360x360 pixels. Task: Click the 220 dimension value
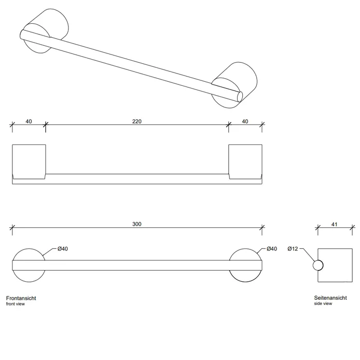(x=137, y=121)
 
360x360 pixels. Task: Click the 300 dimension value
(x=137, y=224)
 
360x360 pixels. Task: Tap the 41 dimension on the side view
(x=334, y=224)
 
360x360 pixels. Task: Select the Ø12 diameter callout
(x=293, y=248)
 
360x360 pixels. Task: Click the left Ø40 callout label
(x=63, y=248)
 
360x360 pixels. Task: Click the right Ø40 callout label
(x=272, y=248)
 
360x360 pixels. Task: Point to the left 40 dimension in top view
(x=29, y=121)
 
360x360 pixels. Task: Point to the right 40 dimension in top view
(x=245, y=121)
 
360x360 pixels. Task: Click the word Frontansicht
(x=21, y=298)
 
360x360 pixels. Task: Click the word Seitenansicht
(x=330, y=298)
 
